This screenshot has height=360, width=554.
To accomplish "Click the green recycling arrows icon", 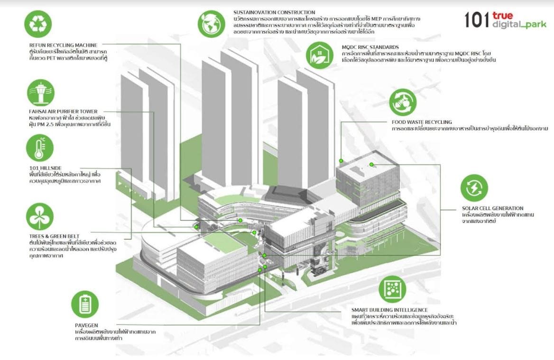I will click(x=37, y=24).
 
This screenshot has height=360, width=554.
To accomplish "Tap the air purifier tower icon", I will click(x=41, y=92).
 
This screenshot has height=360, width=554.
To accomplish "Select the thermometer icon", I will click(x=40, y=148).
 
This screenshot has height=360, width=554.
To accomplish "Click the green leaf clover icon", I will click(x=39, y=216).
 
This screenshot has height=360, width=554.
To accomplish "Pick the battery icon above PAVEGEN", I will click(x=85, y=304).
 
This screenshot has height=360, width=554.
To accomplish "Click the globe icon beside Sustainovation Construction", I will click(x=212, y=24).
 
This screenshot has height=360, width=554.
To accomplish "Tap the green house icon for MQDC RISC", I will click(x=319, y=55).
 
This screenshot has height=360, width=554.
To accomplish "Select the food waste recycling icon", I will click(x=403, y=102).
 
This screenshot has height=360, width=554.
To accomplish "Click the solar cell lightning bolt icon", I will click(x=474, y=188).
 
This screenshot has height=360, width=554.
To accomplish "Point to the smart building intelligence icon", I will click(x=392, y=289).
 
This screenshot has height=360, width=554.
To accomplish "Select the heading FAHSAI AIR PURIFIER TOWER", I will click(x=63, y=112).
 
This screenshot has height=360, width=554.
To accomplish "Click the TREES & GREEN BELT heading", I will click(x=54, y=236).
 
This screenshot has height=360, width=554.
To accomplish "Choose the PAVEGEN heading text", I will click(x=86, y=326).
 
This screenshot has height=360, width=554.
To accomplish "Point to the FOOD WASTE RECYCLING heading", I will click(x=422, y=122).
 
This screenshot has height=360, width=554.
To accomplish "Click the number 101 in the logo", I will click(x=476, y=20).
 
